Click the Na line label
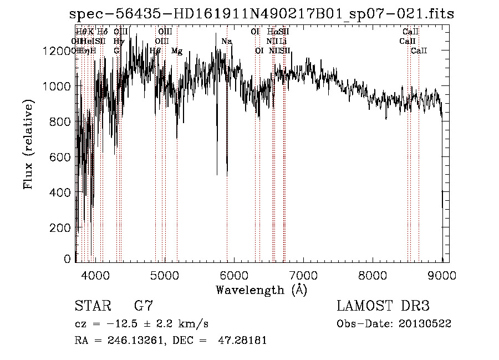point(226,41)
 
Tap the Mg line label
point(177,51)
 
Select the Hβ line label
point(156,51)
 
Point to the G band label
point(116,51)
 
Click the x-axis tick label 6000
point(234,274)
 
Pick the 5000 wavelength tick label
point(164,274)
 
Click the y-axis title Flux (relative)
point(28,144)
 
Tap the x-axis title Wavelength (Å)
point(261,290)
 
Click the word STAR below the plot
point(90,306)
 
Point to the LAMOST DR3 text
point(383,306)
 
